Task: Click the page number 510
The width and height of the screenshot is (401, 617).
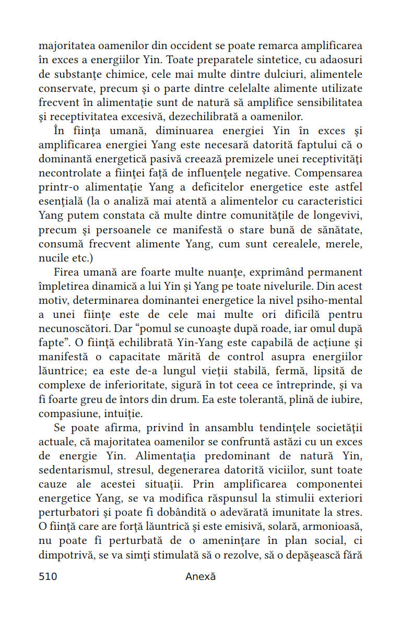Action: (48, 576)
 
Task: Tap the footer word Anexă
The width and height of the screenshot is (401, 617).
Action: (200, 576)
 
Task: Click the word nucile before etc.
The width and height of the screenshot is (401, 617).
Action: (53, 258)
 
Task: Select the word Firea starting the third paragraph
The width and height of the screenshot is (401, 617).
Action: (67, 272)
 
